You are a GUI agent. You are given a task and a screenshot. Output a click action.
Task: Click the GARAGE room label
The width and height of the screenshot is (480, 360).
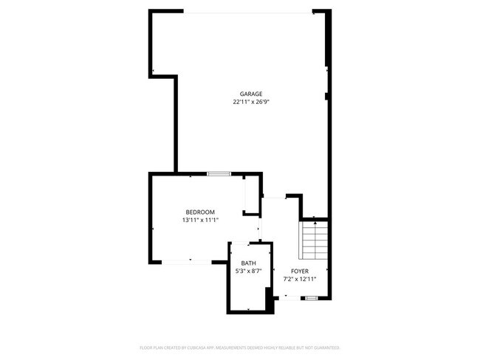pyautogui.click(x=250, y=94)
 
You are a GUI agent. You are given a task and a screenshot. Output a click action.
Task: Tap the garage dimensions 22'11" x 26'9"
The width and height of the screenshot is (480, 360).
pyautogui.click(x=250, y=102)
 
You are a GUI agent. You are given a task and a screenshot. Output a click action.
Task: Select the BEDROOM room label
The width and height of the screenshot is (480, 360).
pyautogui.click(x=200, y=212)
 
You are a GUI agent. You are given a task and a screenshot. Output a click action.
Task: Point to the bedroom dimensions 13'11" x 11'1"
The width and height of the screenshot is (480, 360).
pyautogui.click(x=200, y=220)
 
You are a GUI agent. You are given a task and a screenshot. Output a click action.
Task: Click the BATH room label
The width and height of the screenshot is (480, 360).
pyautogui.click(x=249, y=263)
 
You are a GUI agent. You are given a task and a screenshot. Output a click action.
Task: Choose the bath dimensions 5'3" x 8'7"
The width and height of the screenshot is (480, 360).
pyautogui.click(x=249, y=271)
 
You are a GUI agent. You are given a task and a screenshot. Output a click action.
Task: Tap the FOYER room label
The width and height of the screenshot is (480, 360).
pyautogui.click(x=300, y=271)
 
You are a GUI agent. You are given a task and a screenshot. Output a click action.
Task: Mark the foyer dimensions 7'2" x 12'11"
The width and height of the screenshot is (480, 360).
pyautogui.click(x=300, y=280)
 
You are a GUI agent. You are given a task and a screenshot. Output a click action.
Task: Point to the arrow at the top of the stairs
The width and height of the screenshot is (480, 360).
pyautogui.click(x=315, y=219)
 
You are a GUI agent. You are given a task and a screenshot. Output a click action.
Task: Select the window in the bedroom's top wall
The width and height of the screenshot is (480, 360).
pyautogui.click(x=219, y=174)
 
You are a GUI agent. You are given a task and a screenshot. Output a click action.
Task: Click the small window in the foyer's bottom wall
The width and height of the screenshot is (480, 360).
pyautogui.click(x=312, y=297)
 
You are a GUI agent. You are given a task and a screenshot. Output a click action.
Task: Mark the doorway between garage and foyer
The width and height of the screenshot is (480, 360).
pyautogui.click(x=275, y=197)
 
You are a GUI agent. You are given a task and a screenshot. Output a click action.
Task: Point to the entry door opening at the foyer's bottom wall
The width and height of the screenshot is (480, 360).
pyautogui.click(x=289, y=297)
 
